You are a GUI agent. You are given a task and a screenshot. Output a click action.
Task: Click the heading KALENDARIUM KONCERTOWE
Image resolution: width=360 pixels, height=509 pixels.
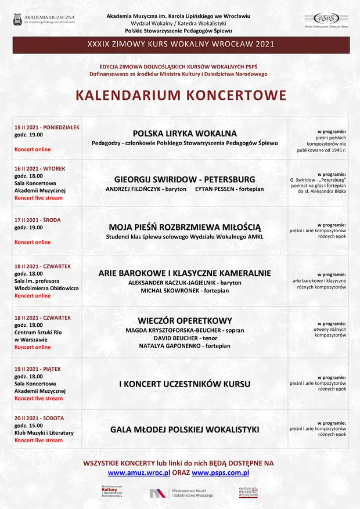coord(181,95)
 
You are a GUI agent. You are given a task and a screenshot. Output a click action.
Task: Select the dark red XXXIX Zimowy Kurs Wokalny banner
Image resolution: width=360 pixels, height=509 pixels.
coord(180,45)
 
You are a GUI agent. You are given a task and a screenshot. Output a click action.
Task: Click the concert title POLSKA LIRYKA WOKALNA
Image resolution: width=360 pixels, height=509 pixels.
coord(185,133)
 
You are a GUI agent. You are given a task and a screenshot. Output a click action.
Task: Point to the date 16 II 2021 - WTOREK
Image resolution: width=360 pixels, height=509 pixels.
coord(40,168)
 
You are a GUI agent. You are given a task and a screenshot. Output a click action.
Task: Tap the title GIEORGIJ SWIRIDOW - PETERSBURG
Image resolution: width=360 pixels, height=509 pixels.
coord(185,179)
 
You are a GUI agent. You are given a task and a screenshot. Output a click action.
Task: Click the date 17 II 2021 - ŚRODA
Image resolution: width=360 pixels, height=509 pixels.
coord(38,220)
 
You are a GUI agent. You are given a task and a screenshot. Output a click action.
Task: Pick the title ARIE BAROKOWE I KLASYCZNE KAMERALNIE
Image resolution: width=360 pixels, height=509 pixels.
coord(185,273)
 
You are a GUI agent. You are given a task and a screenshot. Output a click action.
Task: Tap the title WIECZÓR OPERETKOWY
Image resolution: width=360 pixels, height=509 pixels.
coord(185,320)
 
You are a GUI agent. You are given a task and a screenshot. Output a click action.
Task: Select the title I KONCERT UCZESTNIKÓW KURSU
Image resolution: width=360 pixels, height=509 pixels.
coord(185,384)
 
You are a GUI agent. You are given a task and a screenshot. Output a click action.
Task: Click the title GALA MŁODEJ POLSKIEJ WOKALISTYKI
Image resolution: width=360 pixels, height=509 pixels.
coord(185,429)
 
